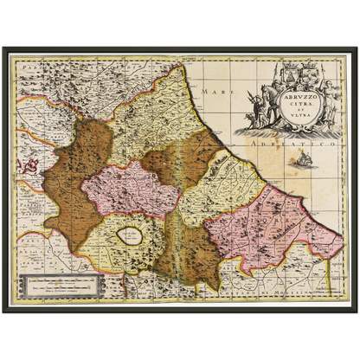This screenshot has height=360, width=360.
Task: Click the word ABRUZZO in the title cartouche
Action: [297, 98]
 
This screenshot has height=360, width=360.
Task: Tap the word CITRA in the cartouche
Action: [297, 106]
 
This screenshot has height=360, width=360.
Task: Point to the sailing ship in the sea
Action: [302, 157]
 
